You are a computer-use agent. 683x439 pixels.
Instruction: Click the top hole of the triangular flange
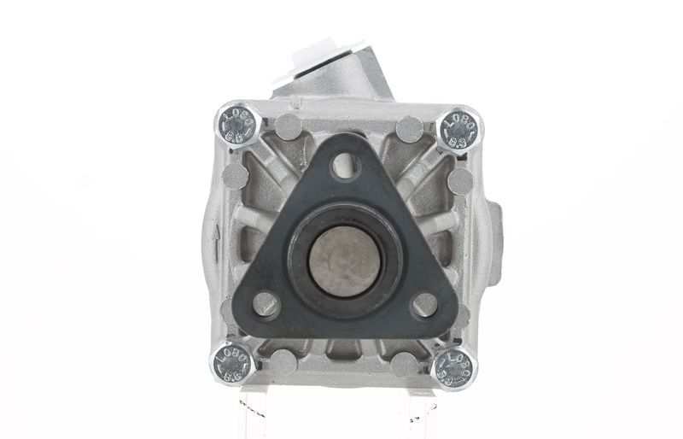pyautogui.click(x=343, y=165)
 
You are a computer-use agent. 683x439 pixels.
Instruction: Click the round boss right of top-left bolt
pyautogui.click(x=288, y=127)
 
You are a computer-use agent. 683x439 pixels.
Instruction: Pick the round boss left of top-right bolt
pyautogui.click(x=408, y=129)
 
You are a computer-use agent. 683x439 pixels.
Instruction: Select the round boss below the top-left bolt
pyautogui.click(x=235, y=177)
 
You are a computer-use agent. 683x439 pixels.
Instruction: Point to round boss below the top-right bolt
pyautogui.click(x=460, y=179)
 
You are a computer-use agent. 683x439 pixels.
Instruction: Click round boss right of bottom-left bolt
pyautogui.click(x=283, y=362)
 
